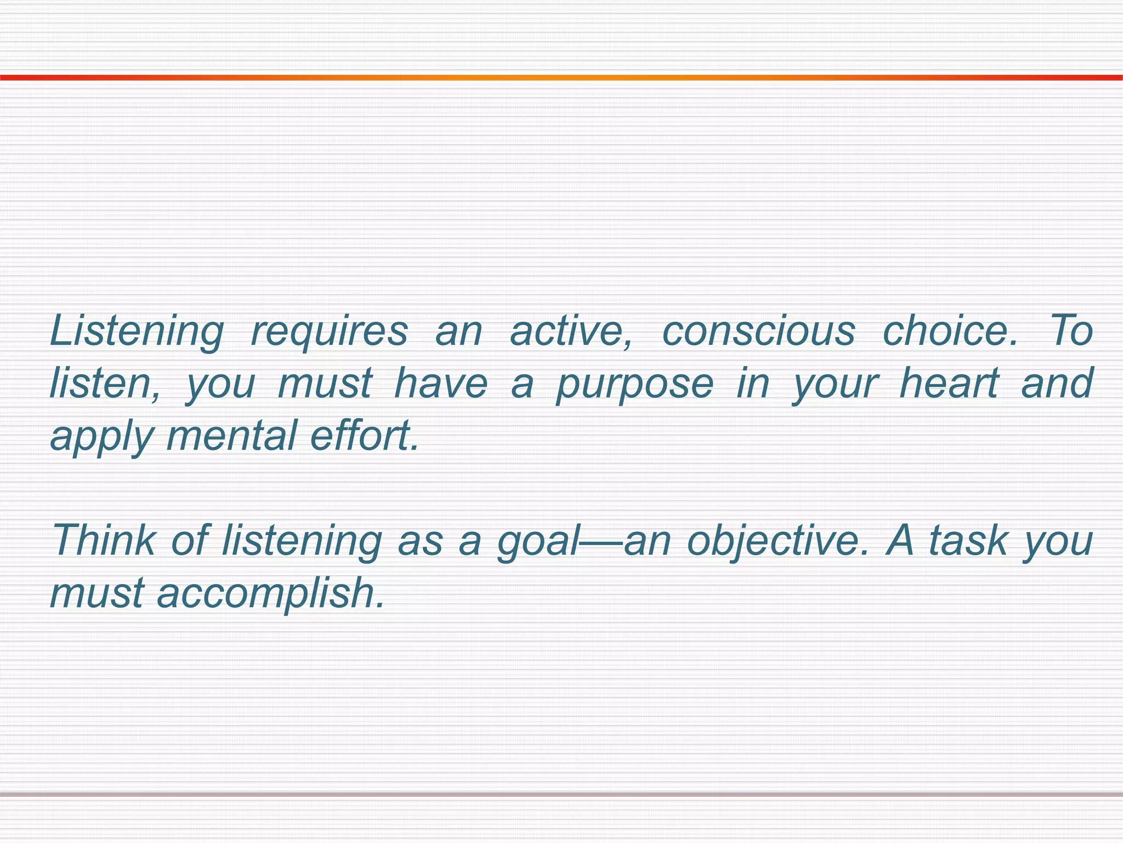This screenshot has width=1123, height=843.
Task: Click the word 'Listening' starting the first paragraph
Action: [137, 331]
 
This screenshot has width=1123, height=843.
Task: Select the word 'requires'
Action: [329, 331]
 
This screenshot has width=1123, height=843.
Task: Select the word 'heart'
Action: [949, 383]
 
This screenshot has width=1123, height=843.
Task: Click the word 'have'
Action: [441, 383]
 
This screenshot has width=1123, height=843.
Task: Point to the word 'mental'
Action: [231, 436]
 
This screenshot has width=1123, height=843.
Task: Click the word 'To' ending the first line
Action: [1071, 331]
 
